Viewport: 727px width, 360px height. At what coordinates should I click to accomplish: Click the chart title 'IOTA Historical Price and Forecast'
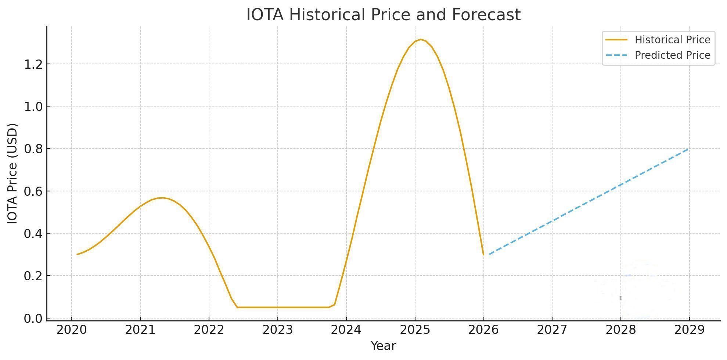tap(383, 15)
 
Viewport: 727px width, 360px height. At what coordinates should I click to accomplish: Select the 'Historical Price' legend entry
tap(658, 40)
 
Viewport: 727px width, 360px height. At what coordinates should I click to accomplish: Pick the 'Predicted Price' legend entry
tap(658, 55)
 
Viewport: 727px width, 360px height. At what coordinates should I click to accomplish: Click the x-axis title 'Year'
tap(383, 346)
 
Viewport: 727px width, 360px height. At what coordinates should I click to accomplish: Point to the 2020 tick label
tap(72, 330)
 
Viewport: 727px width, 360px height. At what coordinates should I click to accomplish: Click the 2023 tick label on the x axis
tap(278, 330)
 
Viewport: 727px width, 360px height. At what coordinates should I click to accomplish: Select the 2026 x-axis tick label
tap(483, 330)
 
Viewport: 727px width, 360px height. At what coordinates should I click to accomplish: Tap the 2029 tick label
tap(690, 330)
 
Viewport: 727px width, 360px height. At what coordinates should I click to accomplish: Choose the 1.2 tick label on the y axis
tap(33, 65)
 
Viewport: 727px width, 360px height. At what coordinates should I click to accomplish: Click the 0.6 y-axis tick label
tap(33, 191)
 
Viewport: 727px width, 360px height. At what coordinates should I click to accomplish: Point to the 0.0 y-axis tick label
tap(33, 318)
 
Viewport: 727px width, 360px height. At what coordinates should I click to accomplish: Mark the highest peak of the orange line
tap(421, 39)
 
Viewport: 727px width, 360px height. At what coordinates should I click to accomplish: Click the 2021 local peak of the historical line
tap(162, 198)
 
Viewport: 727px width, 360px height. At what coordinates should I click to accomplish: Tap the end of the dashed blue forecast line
tap(688, 149)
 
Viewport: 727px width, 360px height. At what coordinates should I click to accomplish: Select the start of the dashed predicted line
tap(489, 254)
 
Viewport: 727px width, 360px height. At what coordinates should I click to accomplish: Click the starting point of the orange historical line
tap(77, 254)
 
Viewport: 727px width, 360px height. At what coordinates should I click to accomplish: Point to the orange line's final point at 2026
tap(483, 255)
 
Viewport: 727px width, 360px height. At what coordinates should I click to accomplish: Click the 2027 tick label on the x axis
tap(552, 330)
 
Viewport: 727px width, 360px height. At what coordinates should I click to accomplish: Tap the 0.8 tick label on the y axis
tap(33, 149)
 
